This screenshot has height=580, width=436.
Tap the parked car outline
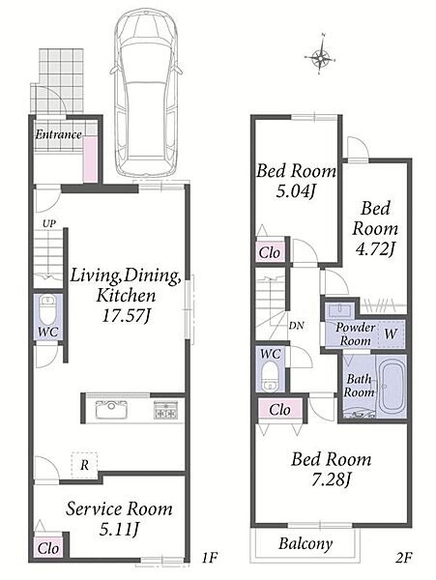[146, 93]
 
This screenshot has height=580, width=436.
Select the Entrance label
[58, 134]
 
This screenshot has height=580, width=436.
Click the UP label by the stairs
[49, 223]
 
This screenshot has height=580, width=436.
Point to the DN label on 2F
[296, 326]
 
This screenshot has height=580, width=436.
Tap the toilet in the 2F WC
[270, 375]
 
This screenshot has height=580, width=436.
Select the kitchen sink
[112, 409]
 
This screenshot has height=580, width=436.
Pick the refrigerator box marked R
[84, 465]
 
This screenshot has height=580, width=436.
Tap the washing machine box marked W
[391, 334]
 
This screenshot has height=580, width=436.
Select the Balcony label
[305, 543]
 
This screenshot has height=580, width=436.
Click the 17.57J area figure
[126, 316]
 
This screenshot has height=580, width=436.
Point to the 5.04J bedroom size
[296, 191]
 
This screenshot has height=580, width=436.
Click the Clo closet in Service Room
[48, 547]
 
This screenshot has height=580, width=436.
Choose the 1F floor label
[209, 557]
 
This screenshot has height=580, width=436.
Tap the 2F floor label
[403, 557]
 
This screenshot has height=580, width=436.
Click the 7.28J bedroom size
[331, 479]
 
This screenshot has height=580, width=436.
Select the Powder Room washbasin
[339, 310]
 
